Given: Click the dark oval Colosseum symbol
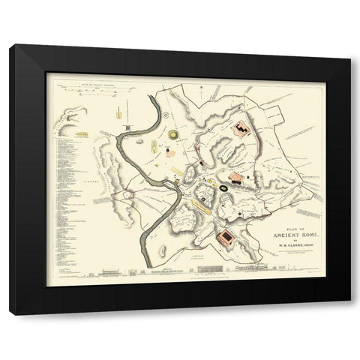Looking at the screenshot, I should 224,182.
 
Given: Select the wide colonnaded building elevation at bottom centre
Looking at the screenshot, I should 255,266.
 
